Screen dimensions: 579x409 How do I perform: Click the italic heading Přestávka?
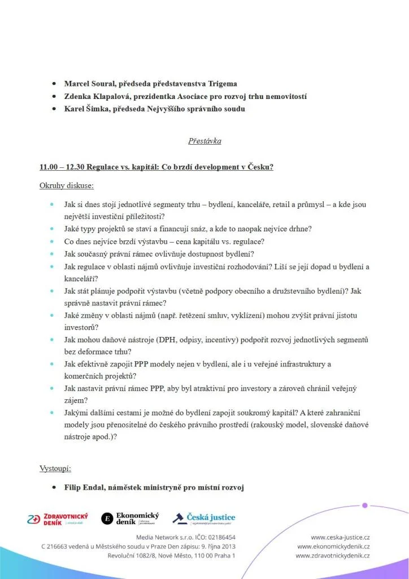[204, 141]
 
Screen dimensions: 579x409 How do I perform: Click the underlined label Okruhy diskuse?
[67, 185]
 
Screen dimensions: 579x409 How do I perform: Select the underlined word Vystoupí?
[55, 469]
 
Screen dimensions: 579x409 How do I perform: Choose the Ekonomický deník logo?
[130, 518]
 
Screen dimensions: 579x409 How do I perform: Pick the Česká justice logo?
[204, 518]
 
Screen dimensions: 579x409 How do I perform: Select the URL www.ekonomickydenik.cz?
[333, 546]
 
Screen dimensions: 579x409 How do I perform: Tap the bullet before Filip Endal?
[53, 487]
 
